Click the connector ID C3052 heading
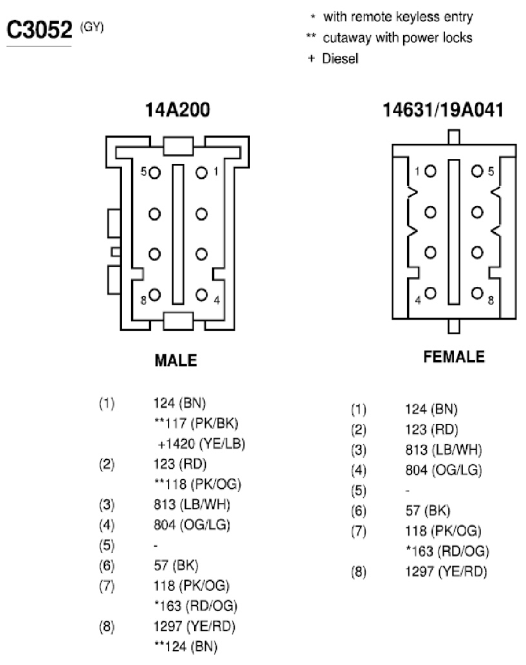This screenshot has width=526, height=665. [x=39, y=30]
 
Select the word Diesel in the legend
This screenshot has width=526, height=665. [x=340, y=59]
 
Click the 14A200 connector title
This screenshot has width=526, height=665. [x=177, y=110]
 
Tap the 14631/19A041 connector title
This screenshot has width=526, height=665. [x=443, y=110]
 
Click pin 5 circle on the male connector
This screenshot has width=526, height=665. [x=154, y=173]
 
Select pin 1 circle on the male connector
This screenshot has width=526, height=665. [x=201, y=173]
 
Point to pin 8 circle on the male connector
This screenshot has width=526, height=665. [x=154, y=295]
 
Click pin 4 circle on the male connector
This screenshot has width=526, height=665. [x=201, y=295]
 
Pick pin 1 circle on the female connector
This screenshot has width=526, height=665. [x=430, y=171]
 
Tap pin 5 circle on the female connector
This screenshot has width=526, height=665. [x=477, y=171]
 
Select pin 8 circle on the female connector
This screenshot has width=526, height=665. [x=477, y=293]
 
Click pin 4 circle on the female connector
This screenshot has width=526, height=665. [x=430, y=293]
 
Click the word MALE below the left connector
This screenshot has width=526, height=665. [x=176, y=361]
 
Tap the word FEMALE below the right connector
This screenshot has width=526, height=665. [x=454, y=357]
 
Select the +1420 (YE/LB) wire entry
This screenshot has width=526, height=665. [x=201, y=444]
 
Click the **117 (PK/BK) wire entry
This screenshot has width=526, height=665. [x=196, y=423]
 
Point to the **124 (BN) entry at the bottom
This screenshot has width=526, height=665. [x=186, y=647]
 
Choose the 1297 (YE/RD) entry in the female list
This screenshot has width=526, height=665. [x=446, y=572]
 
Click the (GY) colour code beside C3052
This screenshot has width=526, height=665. [x=92, y=28]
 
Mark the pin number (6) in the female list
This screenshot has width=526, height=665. [x=358, y=511]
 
